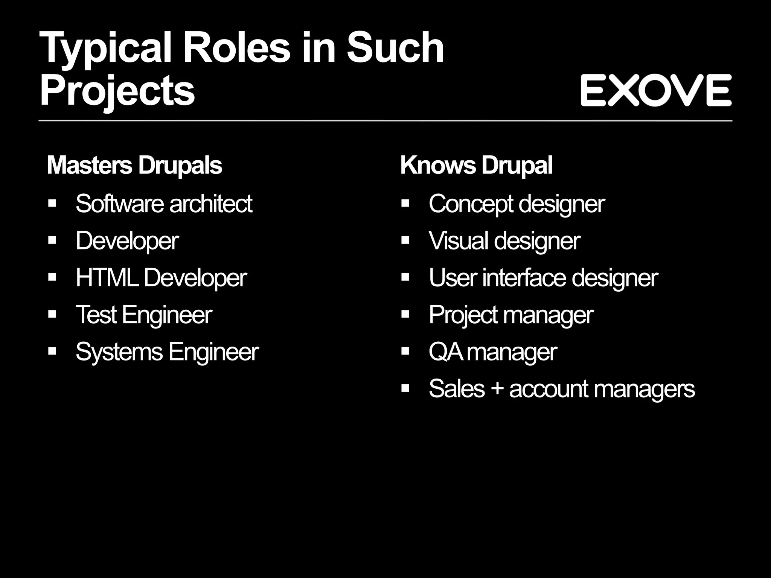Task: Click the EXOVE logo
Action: tap(656, 90)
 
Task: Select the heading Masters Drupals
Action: tap(134, 165)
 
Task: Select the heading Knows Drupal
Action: tap(476, 165)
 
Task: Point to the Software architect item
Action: tap(164, 204)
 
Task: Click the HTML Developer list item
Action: tap(161, 278)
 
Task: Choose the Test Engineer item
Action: tap(144, 315)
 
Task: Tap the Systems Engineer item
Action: tap(167, 352)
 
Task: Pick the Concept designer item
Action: tap(517, 204)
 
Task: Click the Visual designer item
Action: tap(504, 241)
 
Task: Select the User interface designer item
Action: tap(543, 278)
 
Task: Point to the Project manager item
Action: tap(511, 315)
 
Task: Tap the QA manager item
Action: tap(493, 352)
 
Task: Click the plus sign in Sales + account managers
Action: tap(497, 388)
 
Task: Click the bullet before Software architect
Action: tap(52, 204)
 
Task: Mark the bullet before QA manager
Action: tap(405, 352)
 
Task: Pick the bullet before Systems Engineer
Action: tap(52, 352)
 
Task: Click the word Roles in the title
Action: tap(236, 48)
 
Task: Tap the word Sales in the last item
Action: tap(457, 389)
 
